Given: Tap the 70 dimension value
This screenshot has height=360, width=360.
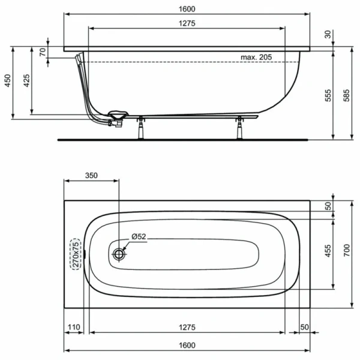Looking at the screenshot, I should tap(43, 52).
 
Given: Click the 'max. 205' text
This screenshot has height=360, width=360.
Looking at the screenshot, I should tap(257, 57).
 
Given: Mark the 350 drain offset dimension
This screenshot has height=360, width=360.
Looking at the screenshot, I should tap(91, 176).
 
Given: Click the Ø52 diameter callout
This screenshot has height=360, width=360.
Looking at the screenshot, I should tap(137, 237).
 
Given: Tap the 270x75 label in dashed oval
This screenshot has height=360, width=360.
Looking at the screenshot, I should tap(76, 254).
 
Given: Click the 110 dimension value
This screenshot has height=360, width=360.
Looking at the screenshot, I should tap(73, 327).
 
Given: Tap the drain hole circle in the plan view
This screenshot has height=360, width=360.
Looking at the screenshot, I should tap(119, 254).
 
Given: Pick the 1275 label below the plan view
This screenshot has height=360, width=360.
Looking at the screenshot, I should tap(187, 327).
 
